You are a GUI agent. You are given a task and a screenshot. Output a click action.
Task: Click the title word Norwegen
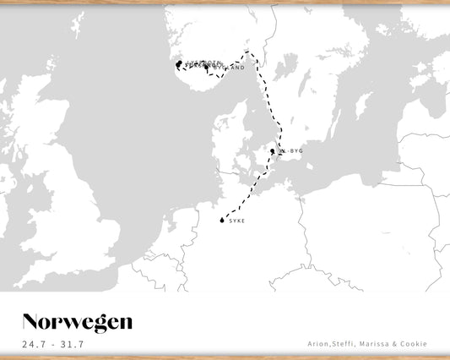(x=77, y=322)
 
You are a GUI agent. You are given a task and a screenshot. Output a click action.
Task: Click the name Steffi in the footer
(x=348, y=344)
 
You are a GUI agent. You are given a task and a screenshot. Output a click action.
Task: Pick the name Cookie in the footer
(x=415, y=344)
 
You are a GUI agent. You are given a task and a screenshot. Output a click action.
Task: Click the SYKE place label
(x=236, y=221)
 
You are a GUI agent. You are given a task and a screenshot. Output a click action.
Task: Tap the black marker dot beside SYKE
(x=222, y=221)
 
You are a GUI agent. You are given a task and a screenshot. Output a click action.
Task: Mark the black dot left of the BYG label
(x=272, y=151)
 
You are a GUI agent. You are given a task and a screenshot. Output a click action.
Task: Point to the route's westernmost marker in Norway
(x=178, y=64)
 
